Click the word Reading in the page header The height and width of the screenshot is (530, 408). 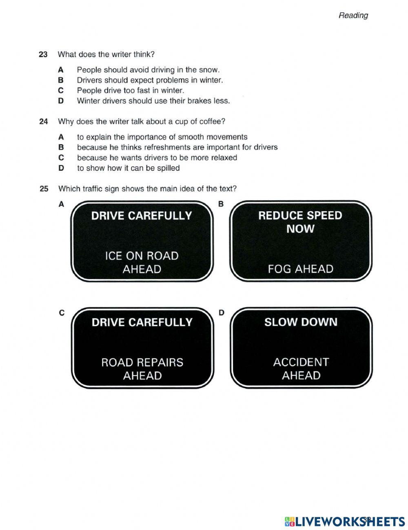click(x=353, y=16)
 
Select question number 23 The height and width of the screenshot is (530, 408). click(x=43, y=54)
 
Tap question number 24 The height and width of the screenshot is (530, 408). click(x=43, y=121)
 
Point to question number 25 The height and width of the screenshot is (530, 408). click(x=44, y=189)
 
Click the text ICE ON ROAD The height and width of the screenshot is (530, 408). click(x=142, y=256)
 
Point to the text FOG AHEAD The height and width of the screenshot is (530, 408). click(x=301, y=269)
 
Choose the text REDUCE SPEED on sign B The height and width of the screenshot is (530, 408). click(x=300, y=215)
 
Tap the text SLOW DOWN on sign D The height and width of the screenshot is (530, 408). click(x=301, y=322)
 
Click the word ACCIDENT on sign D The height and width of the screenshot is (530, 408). click(x=301, y=362)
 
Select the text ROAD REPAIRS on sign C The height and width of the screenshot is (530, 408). click(x=142, y=362)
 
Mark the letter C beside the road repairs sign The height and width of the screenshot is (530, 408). click(x=62, y=313)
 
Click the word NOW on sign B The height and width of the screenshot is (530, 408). click(x=300, y=229)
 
